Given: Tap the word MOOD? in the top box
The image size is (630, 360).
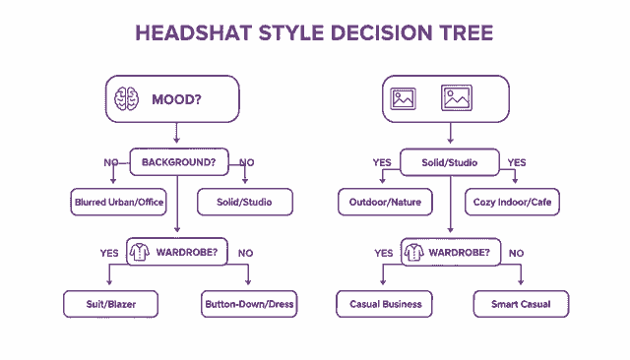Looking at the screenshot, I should point(175,99).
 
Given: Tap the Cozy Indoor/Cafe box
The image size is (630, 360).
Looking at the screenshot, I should point(513,203).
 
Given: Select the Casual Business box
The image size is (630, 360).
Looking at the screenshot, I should point(386,304).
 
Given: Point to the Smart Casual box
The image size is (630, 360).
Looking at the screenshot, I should point(521,304).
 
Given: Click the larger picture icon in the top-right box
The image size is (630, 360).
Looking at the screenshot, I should point(458,98).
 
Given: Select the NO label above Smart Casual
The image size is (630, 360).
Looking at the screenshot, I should point(516,253).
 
